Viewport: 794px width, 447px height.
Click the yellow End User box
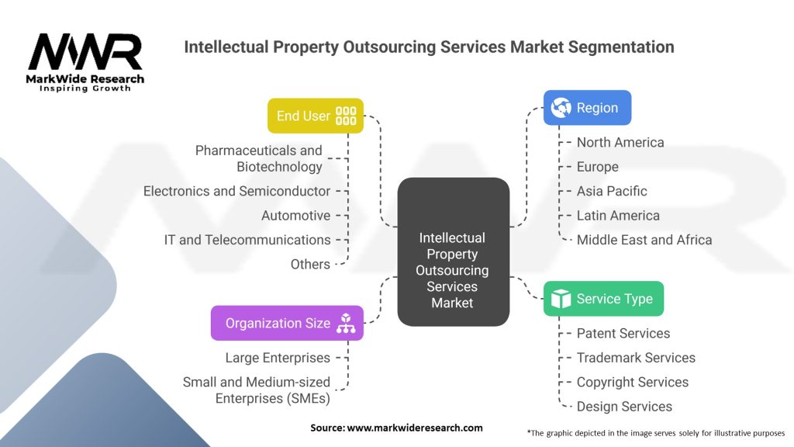[x=316, y=116]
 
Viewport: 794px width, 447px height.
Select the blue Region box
[x=588, y=108]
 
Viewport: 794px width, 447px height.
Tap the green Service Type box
[x=603, y=299]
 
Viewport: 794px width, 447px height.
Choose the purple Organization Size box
[x=287, y=323]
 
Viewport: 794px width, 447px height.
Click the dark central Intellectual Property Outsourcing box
[x=453, y=252]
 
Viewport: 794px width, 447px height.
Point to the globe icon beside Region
[x=561, y=107]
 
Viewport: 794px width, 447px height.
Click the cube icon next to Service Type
[x=561, y=299]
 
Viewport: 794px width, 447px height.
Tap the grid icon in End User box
[x=346, y=116]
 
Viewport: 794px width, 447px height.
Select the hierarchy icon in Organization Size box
[x=346, y=323]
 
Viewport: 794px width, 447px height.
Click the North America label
[x=620, y=143]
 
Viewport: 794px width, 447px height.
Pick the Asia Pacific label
[x=612, y=191]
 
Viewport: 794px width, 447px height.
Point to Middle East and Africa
[x=644, y=240]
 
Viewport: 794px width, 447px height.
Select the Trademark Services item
[x=636, y=358]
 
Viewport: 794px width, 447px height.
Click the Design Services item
[x=624, y=407]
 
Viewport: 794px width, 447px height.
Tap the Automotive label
[x=295, y=216]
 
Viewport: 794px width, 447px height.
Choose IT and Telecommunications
[x=247, y=240]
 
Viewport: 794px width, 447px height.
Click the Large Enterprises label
[x=278, y=358]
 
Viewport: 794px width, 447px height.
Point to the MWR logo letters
[x=85, y=52]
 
